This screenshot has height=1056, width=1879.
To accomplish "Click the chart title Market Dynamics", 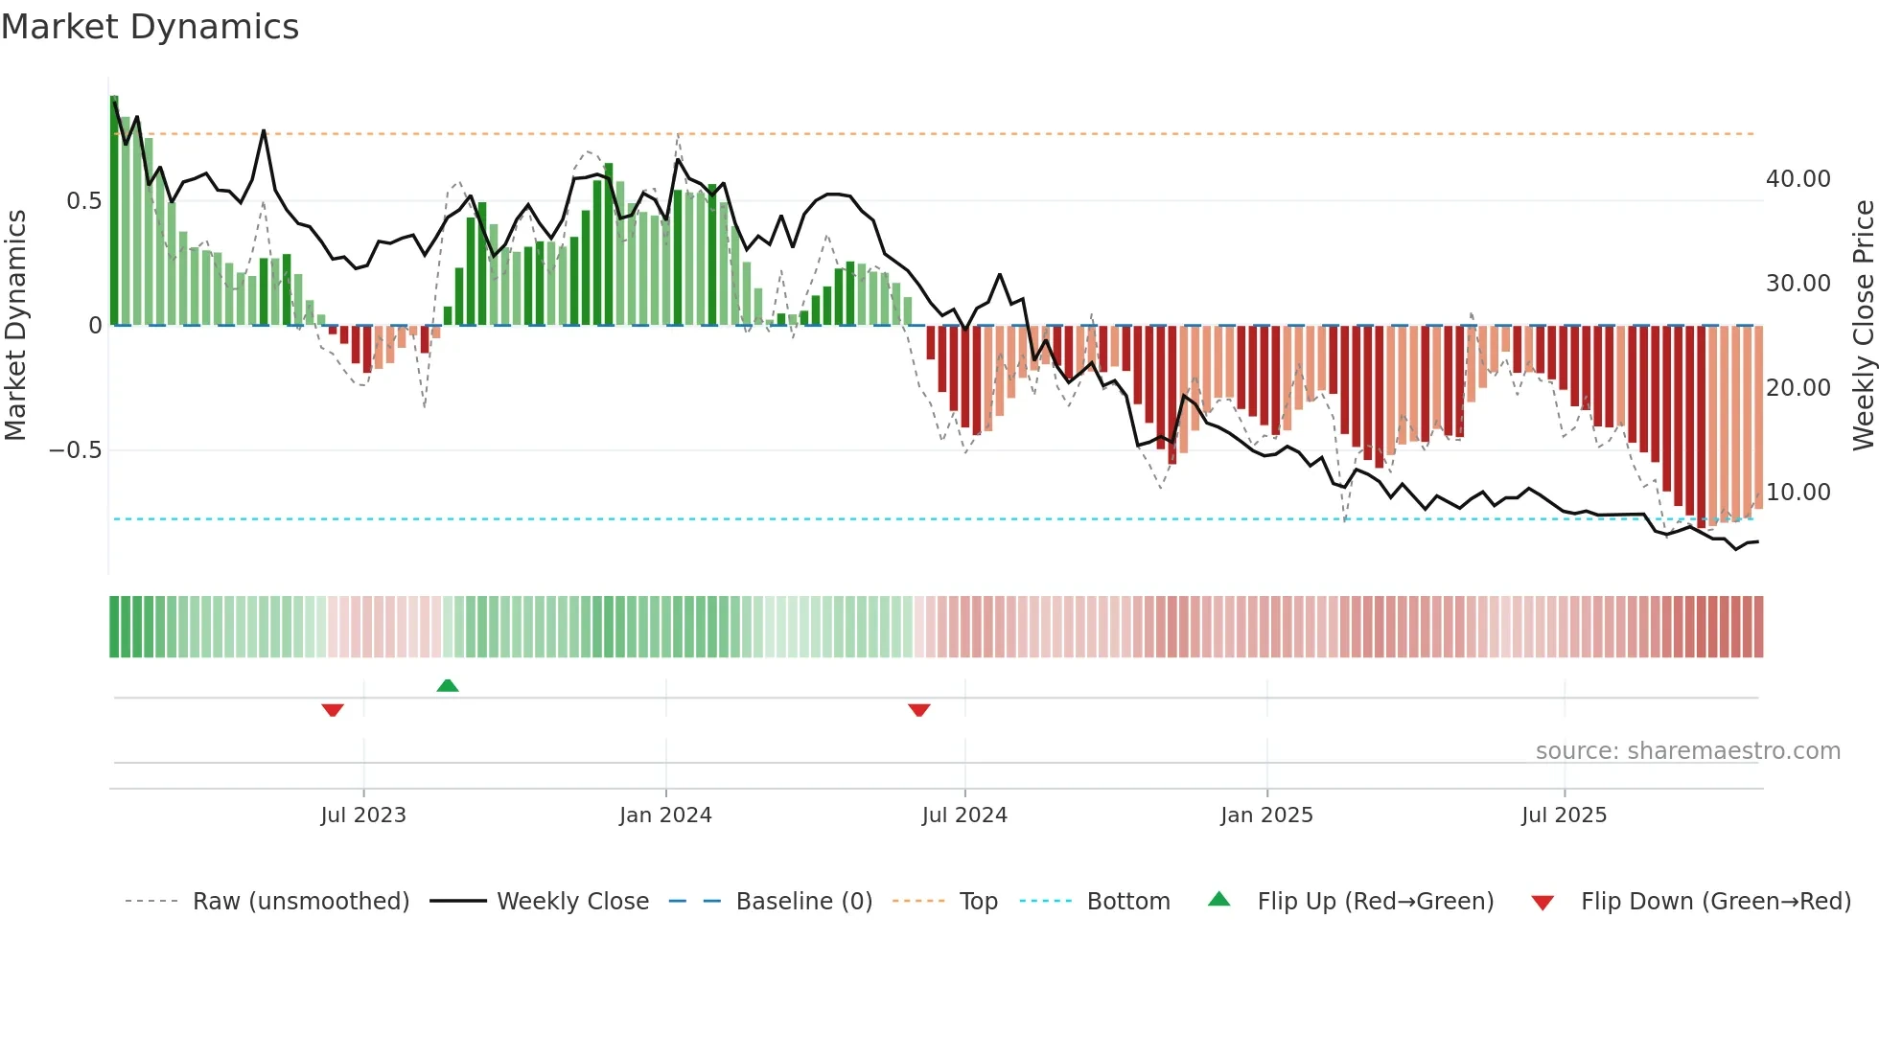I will pyautogui.click(x=150, y=27).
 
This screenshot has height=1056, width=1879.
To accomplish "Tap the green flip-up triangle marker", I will pyautogui.click(x=448, y=685).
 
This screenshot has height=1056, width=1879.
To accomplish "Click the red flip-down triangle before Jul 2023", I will pyautogui.click(x=333, y=710).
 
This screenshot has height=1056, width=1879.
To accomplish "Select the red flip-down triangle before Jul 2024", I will pyautogui.click(x=918, y=710).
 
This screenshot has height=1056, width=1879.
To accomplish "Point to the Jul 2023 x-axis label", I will pyautogui.click(x=363, y=815).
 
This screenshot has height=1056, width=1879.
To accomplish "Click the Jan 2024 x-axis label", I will pyautogui.click(x=665, y=815).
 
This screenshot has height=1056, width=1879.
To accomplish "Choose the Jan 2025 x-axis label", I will pyautogui.click(x=1266, y=815).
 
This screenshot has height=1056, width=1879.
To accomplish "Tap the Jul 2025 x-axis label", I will pyautogui.click(x=1564, y=815).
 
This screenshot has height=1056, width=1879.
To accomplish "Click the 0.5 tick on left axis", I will pyautogui.click(x=83, y=201).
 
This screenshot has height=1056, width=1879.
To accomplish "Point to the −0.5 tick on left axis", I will pyautogui.click(x=76, y=450).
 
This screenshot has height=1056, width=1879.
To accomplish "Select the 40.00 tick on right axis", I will pyautogui.click(x=1798, y=179).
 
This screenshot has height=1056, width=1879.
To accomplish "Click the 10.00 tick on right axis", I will pyautogui.click(x=1798, y=493).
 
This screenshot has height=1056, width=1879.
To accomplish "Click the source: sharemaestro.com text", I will pyautogui.click(x=1687, y=751).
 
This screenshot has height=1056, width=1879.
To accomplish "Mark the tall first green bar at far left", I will pyautogui.click(x=114, y=211).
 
